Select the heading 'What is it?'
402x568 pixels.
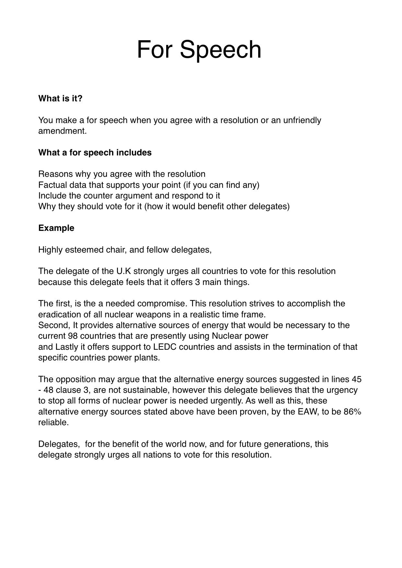coord(60,98)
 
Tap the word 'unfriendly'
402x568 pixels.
coord(302,120)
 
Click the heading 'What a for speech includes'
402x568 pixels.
coord(95,153)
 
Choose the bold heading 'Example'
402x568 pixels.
coord(56,228)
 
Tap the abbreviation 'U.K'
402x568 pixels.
coord(123,271)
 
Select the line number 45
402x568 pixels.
coord(356,379)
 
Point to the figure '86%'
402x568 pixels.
coord(353,412)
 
